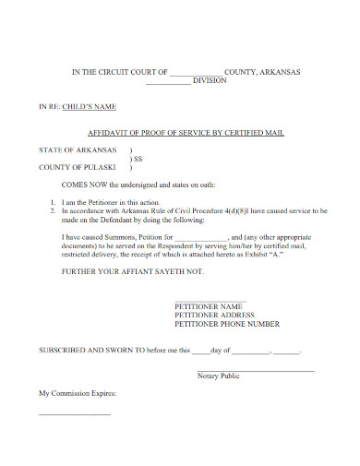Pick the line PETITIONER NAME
tap(209, 306)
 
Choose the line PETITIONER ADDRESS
tap(215, 316)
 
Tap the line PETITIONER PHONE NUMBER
tap(227, 325)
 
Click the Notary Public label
tap(219, 376)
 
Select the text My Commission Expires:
tap(78, 393)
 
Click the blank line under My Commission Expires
tap(74, 412)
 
